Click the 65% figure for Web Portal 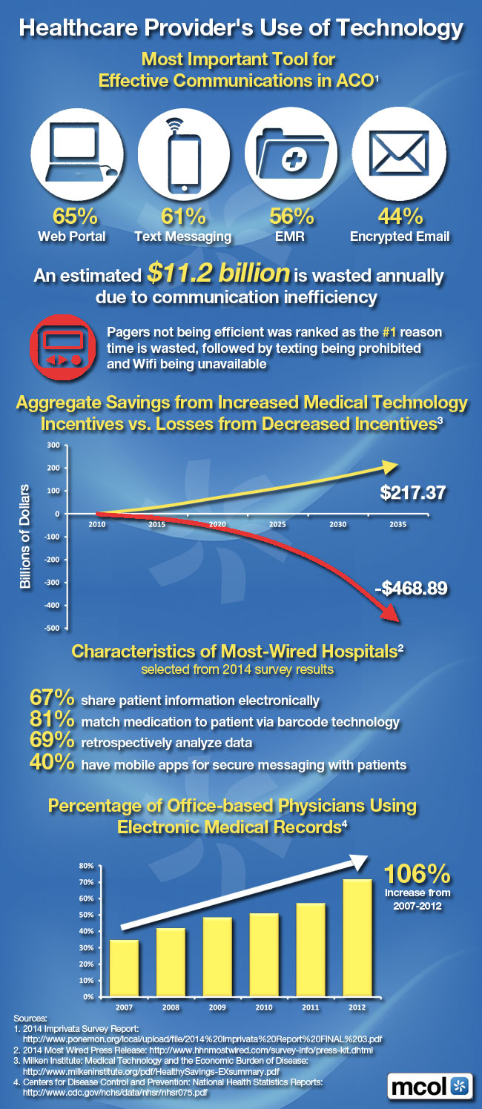click(x=73, y=217)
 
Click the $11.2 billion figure click(x=218, y=274)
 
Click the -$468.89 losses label click(x=411, y=569)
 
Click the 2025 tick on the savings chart click(x=277, y=524)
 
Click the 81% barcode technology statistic click(x=52, y=721)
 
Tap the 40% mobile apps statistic click(x=52, y=763)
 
